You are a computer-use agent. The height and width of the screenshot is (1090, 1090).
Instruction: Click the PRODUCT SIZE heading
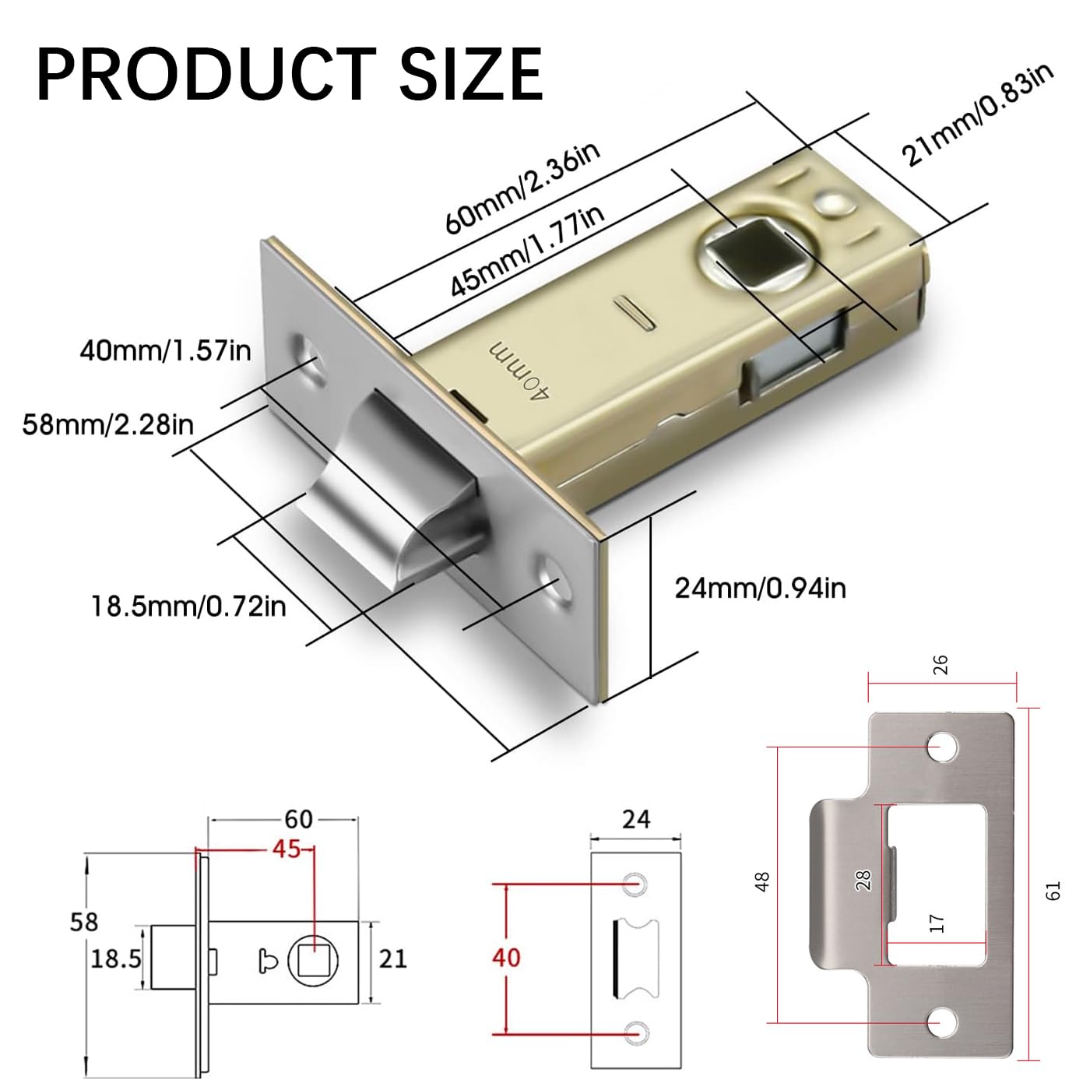coord(290,74)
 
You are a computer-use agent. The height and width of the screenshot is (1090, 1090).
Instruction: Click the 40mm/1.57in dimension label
coord(165,350)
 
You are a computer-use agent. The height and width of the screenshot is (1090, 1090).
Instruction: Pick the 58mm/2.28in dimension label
coord(107,424)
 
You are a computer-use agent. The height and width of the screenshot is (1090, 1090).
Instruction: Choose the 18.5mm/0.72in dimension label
coord(189,607)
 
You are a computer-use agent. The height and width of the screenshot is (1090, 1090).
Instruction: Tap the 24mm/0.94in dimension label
coord(760,589)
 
